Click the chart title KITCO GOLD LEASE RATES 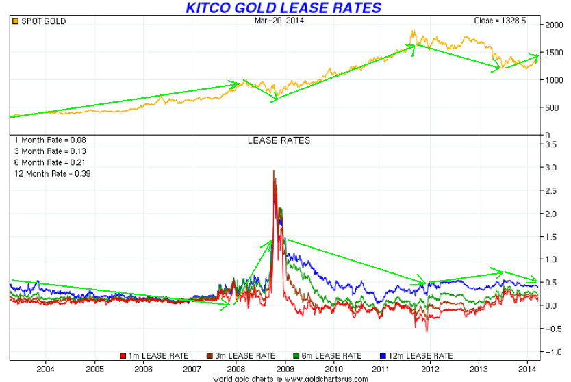click(283, 8)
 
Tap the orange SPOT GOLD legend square click(15, 21)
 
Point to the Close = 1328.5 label click(500, 21)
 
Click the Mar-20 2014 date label click(279, 21)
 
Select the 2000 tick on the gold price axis click(554, 25)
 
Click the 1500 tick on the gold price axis click(554, 53)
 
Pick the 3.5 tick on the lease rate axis click(551, 144)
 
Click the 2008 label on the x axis click(236, 369)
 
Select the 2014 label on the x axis click(527, 369)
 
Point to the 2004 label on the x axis click(45, 369)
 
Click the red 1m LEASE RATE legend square click(123, 356)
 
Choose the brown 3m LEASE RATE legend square click(210, 356)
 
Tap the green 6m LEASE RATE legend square click(296, 356)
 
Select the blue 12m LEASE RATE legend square click(383, 356)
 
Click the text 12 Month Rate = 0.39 click(53, 174)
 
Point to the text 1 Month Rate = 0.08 click(50, 140)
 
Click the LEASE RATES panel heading click(279, 140)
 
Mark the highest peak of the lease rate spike click(274, 170)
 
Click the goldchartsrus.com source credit click(290, 379)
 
